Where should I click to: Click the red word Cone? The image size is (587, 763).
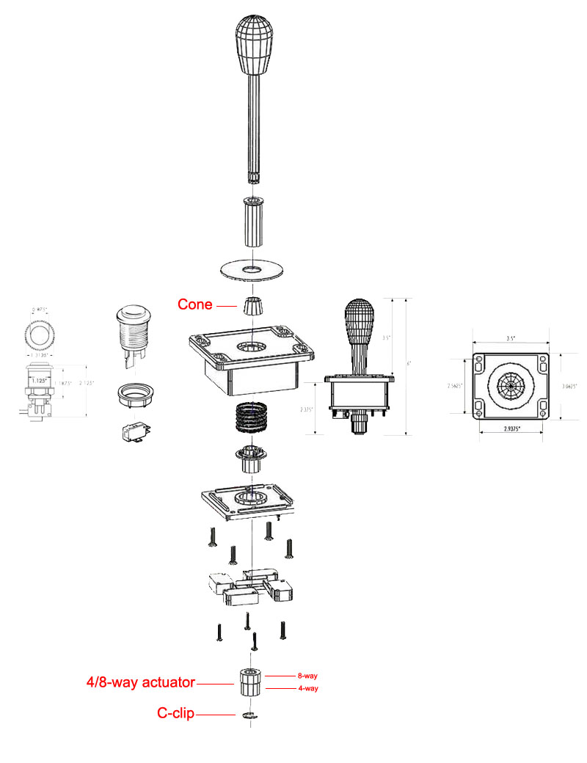pos(194,304)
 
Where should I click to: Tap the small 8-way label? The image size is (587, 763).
pos(307,675)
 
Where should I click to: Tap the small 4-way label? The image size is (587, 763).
pos(307,688)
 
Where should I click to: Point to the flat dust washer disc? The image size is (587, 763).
pos(252,269)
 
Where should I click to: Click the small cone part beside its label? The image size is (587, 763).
pos(252,305)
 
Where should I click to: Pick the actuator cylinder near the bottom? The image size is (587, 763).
pos(249,683)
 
